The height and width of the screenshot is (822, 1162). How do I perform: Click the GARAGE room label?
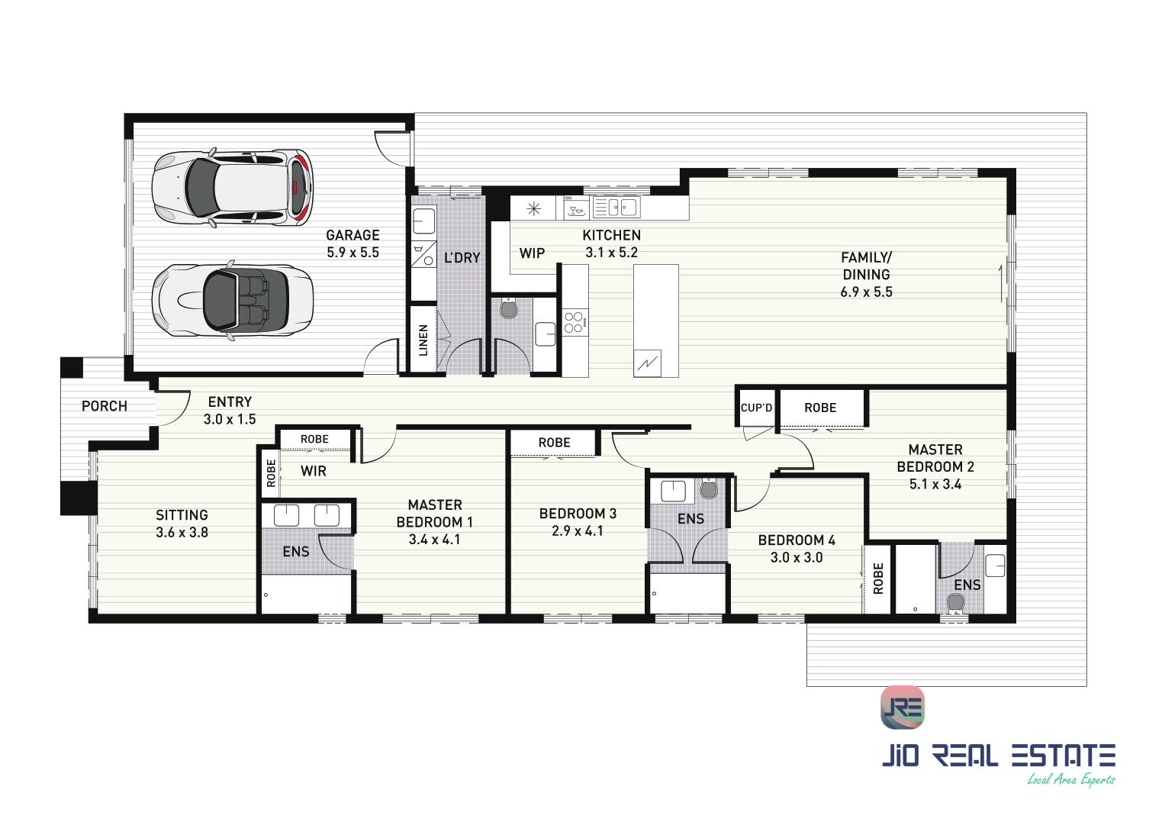click(352, 235)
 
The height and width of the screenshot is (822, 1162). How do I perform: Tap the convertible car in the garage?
click(233, 300)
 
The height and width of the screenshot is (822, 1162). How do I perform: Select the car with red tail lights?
click(233, 187)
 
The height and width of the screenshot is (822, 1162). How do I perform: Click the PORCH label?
click(105, 406)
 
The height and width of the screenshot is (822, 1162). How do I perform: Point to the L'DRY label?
click(462, 257)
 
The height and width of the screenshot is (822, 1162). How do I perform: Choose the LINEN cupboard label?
click(423, 340)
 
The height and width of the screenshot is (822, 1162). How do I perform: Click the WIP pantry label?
click(533, 253)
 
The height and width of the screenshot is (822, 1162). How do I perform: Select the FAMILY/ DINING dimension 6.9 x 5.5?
click(866, 292)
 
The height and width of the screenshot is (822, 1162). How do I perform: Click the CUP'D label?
click(756, 408)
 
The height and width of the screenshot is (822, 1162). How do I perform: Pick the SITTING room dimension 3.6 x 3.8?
click(182, 533)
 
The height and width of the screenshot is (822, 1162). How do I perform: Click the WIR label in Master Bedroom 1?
click(314, 471)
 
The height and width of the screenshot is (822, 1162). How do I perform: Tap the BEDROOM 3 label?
click(578, 514)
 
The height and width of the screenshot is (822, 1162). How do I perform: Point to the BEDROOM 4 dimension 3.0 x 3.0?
click(797, 558)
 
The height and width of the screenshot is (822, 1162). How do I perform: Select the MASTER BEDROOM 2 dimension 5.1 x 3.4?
click(935, 485)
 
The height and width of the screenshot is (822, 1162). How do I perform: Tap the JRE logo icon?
click(903, 708)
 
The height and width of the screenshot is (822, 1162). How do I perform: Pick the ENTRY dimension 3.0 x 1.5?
click(230, 419)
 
